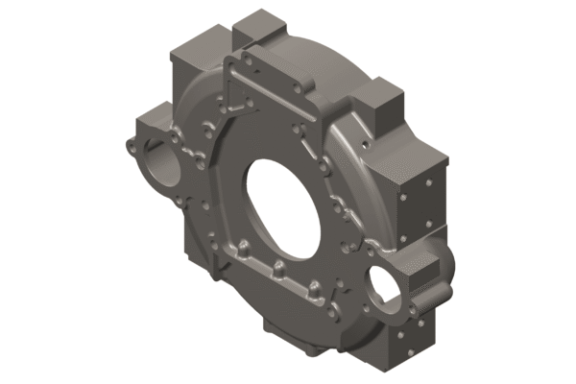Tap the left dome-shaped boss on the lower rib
click(x=246, y=252)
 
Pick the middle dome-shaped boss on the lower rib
click(x=277, y=266)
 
